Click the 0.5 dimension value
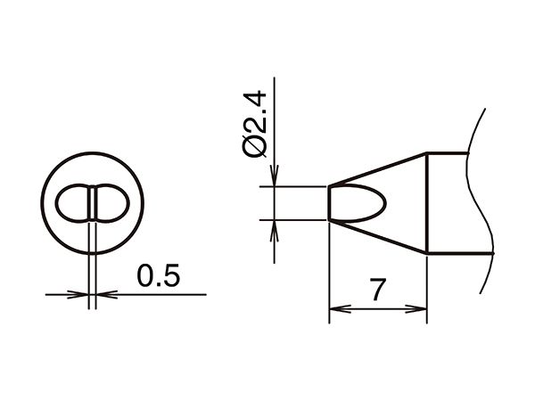(x=158, y=275)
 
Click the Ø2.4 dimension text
(x=254, y=124)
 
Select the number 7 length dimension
(x=378, y=290)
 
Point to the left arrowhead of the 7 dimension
(x=340, y=309)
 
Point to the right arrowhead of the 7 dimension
(x=416, y=309)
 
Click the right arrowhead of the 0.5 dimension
(x=107, y=294)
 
